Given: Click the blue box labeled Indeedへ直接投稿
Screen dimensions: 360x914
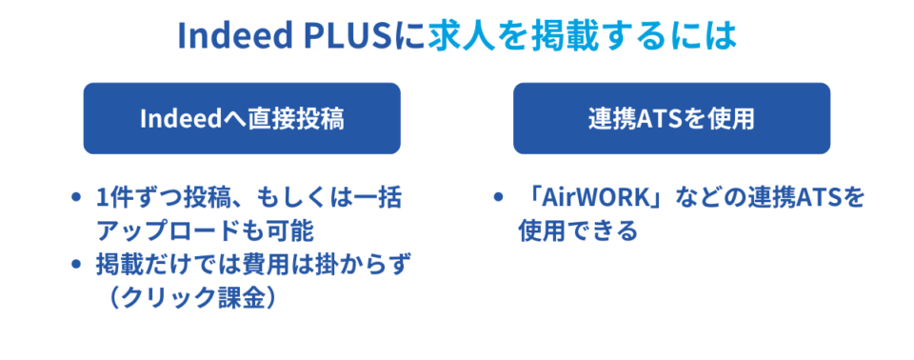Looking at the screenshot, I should (241, 118).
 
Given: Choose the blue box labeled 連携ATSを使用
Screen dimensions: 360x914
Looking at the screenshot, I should (671, 118).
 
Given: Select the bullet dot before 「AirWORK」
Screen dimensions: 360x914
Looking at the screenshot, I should (499, 199).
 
